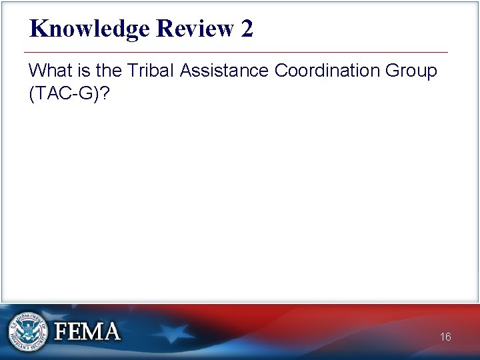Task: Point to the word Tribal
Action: click(x=157, y=70)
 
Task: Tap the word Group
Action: click(x=413, y=70)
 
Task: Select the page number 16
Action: click(x=445, y=337)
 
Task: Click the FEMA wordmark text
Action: click(x=87, y=331)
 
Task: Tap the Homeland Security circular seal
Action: click(x=28, y=331)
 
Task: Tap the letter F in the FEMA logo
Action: click(x=61, y=331)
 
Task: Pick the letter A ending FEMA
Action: click(x=111, y=331)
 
